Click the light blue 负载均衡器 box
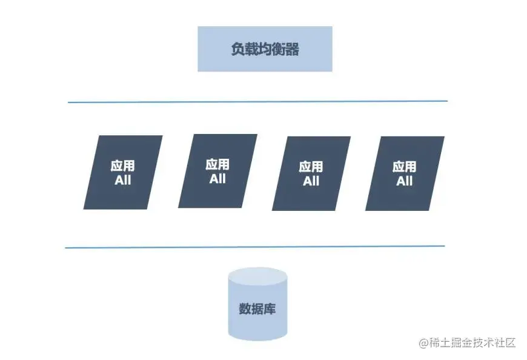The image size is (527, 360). [265, 49]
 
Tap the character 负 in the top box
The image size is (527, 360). [237, 50]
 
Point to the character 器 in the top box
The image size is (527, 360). [292, 50]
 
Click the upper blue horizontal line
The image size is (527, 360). [257, 101]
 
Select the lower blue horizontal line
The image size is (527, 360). [254, 247]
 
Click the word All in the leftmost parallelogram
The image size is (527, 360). [122, 180]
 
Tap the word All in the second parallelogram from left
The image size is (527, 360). [217, 179]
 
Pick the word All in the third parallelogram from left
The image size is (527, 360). [311, 181]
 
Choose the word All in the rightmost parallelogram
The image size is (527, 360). [404, 181]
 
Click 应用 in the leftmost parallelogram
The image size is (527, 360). [122, 166]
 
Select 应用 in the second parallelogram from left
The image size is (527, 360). [217, 164]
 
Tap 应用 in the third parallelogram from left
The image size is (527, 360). [311, 167]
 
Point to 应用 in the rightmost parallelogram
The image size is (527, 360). [404, 167]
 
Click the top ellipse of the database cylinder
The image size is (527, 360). [257, 276]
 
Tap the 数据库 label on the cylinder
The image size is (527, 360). [257, 308]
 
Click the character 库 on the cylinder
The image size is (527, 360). [270, 308]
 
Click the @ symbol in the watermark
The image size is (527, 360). [423, 343]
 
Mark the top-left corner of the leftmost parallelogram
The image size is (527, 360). [98, 136]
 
